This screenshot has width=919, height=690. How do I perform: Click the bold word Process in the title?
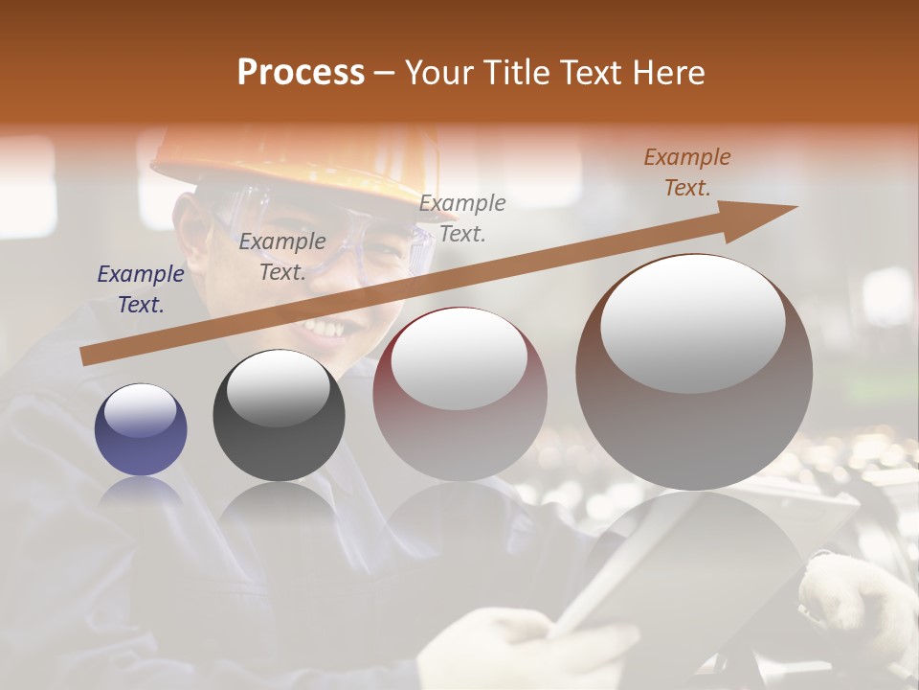[x=301, y=73]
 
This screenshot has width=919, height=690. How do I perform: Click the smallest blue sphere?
[x=141, y=429]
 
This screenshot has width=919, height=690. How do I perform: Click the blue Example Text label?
[x=141, y=289]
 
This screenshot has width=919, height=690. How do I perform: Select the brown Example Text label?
[x=687, y=172]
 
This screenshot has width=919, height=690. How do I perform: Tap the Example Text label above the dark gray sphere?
[x=282, y=256]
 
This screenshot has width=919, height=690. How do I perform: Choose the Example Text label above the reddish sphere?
[x=462, y=218]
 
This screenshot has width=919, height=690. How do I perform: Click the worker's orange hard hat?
[x=297, y=158]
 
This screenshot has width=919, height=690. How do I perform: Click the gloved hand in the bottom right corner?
[x=857, y=604]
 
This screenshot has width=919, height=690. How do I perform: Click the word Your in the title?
[x=439, y=73]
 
